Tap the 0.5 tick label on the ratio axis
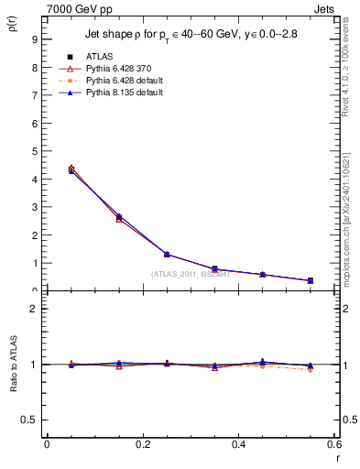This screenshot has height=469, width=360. click(30, 420)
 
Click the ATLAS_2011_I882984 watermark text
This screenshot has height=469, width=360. click(190, 274)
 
